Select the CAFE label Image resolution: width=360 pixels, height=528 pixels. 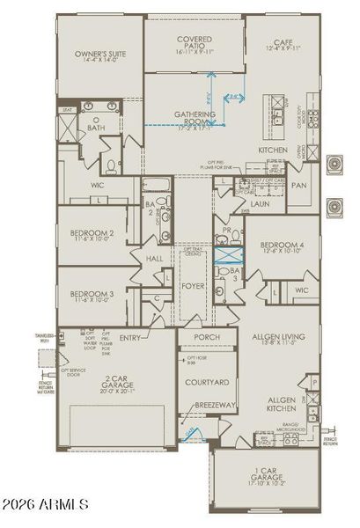pyautogui.click(x=281, y=41)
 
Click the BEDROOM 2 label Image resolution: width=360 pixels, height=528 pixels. pyautogui.click(x=93, y=233)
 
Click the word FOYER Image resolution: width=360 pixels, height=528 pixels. pyautogui.click(x=194, y=284)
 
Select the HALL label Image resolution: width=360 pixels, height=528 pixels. pyautogui.click(x=154, y=259)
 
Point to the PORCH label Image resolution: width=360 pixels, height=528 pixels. pyautogui.click(x=208, y=338)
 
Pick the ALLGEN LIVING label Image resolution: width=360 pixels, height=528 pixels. pyautogui.click(x=280, y=337)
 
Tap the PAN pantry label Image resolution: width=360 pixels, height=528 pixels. pyautogui.click(x=299, y=186)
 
